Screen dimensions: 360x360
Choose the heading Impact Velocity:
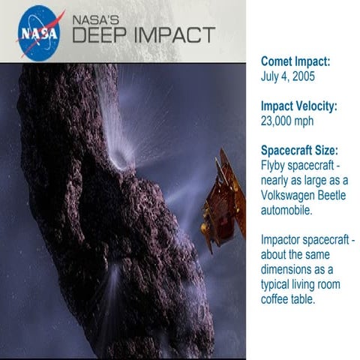coord(298,106)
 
